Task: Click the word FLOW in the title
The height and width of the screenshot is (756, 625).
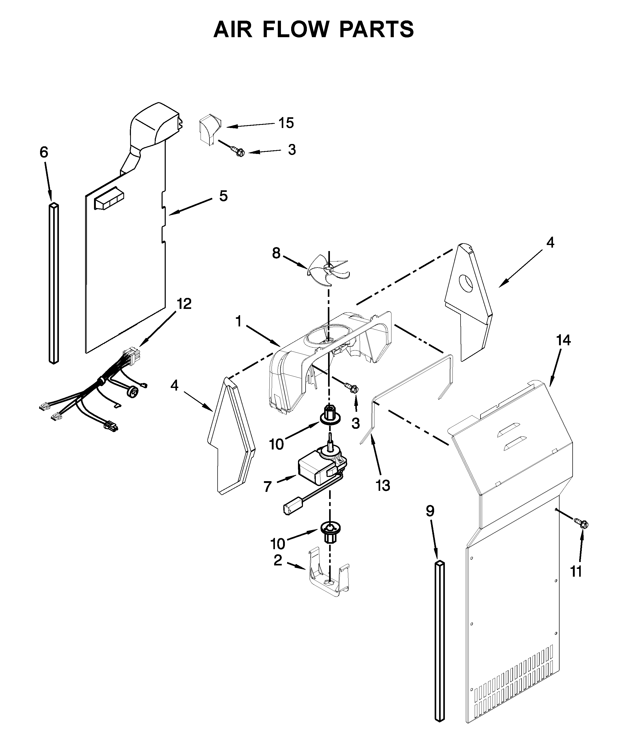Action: coord(295,30)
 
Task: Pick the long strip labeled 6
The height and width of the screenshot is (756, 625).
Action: coord(54,283)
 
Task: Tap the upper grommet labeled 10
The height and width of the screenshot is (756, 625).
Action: coord(328,414)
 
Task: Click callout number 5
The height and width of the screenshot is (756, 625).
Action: coord(223,196)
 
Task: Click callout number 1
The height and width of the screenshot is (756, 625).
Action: coord(238,321)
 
